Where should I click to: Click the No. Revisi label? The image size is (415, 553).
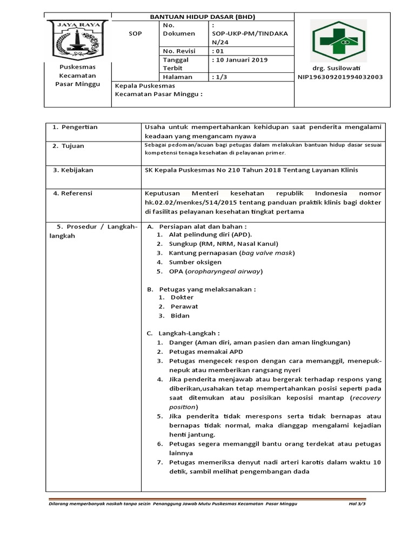coord(179,51)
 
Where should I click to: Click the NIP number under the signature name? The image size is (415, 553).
coord(340,77)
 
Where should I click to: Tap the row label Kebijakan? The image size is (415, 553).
coord(75,170)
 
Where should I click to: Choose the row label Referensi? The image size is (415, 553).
coord(75,193)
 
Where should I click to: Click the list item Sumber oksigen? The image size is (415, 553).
coord(195,262)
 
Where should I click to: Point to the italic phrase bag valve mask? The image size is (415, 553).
coord(267,253)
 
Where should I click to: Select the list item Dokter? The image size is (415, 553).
coord(182,297)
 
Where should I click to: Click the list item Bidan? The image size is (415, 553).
coord(180,315)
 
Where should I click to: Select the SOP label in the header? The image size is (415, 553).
coord(135,33)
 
